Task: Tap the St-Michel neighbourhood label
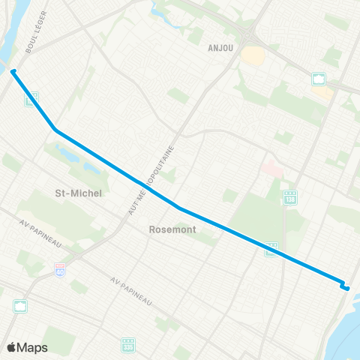click(x=79, y=193)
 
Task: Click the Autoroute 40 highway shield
click(x=59, y=268)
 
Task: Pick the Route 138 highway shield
click(x=289, y=196)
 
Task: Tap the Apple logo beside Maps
click(x=12, y=347)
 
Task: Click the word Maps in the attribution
click(x=32, y=347)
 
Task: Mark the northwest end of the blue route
click(x=13, y=72)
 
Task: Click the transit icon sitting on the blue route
click(x=271, y=250)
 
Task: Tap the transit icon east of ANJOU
click(x=318, y=79)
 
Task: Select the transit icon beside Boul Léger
click(x=32, y=98)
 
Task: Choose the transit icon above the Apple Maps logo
click(x=20, y=306)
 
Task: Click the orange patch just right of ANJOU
click(x=253, y=55)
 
